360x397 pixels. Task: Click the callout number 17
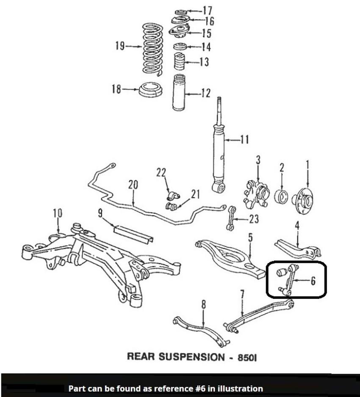pos(208,10)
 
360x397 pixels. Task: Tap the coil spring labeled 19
pos(151,49)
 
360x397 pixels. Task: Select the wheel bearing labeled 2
pos(281,196)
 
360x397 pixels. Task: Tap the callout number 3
pos(258,160)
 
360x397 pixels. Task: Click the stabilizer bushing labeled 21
pos(171,207)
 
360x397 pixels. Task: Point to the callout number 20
pos(133,185)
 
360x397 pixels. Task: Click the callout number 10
pos(58,213)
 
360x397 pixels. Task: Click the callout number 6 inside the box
pos(313,281)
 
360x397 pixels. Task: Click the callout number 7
pos(242,294)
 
